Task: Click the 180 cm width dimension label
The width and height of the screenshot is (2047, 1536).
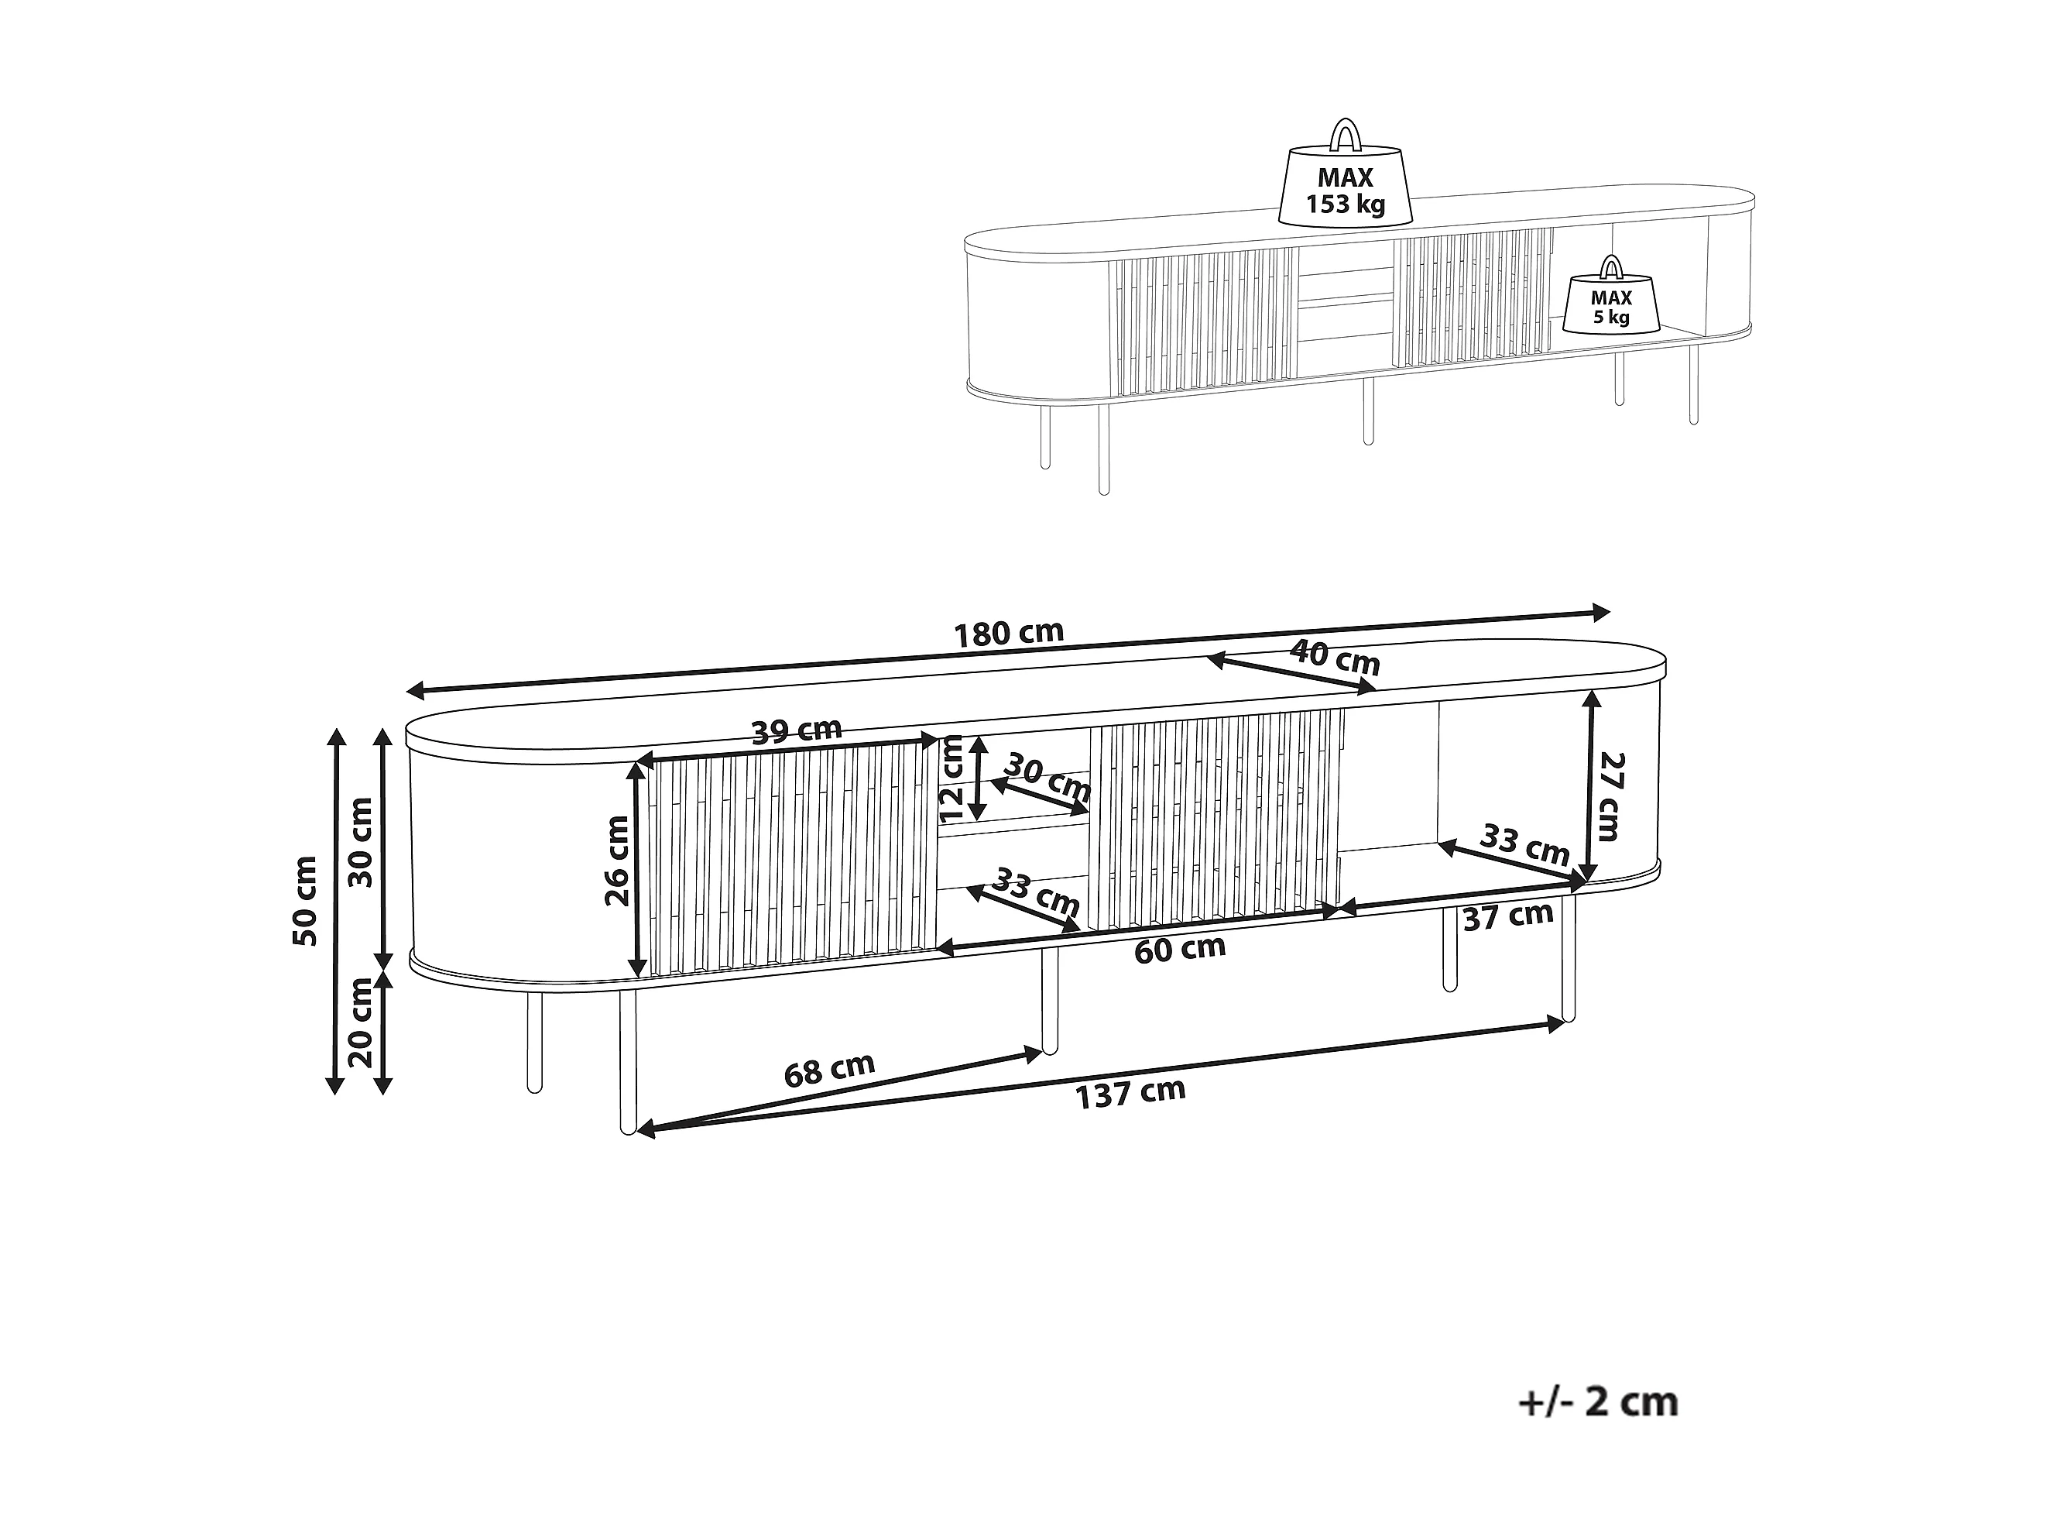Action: click(1009, 634)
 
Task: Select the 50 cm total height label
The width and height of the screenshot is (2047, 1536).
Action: click(305, 901)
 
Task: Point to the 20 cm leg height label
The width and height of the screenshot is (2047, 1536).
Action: click(359, 1023)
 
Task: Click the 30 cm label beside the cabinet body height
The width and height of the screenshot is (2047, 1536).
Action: click(359, 842)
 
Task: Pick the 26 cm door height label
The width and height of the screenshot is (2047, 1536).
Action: click(616, 861)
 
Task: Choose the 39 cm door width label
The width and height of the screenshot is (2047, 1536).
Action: click(797, 731)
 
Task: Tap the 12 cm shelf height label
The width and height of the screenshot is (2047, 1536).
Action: click(951, 778)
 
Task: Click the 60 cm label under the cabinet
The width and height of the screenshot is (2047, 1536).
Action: click(1180, 949)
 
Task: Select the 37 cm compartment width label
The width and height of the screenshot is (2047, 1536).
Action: click(1507, 916)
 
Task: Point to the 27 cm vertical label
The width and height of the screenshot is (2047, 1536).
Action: click(1610, 795)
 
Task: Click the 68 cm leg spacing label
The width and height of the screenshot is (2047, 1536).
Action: click(829, 1070)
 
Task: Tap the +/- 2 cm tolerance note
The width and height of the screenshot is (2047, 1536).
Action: click(1598, 1402)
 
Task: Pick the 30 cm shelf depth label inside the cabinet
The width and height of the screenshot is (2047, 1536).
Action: click(1047, 778)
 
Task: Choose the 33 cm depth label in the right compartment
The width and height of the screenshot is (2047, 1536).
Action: click(1525, 844)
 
